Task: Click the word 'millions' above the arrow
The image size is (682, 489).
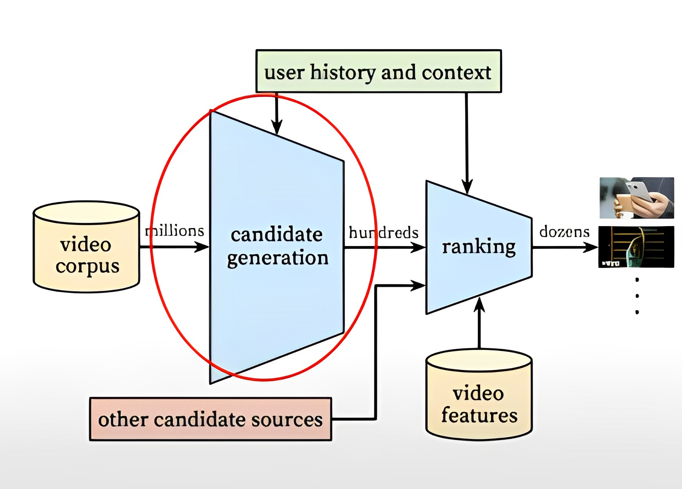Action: click(174, 231)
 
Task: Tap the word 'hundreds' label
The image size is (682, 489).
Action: click(383, 233)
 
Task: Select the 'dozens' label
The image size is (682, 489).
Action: click(564, 232)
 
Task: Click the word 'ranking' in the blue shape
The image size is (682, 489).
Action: click(479, 247)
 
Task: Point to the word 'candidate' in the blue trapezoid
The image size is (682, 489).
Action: click(276, 235)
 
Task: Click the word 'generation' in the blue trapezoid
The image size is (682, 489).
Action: click(278, 258)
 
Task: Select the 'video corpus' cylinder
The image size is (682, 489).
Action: click(86, 247)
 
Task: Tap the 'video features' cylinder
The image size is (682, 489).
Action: click(479, 394)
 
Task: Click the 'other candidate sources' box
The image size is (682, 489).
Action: click(210, 419)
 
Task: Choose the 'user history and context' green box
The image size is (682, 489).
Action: click(378, 71)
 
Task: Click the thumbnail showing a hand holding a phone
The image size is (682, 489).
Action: click(637, 198)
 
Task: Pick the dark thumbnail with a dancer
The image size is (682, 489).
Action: click(636, 247)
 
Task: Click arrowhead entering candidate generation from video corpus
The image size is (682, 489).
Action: click(203, 247)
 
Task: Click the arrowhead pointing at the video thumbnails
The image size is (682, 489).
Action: click(591, 247)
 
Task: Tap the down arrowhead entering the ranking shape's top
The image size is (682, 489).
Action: click(467, 187)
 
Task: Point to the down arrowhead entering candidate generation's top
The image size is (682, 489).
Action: click(276, 127)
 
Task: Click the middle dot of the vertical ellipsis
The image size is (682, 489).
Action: click(637, 296)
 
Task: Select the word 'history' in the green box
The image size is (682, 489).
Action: click(343, 73)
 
